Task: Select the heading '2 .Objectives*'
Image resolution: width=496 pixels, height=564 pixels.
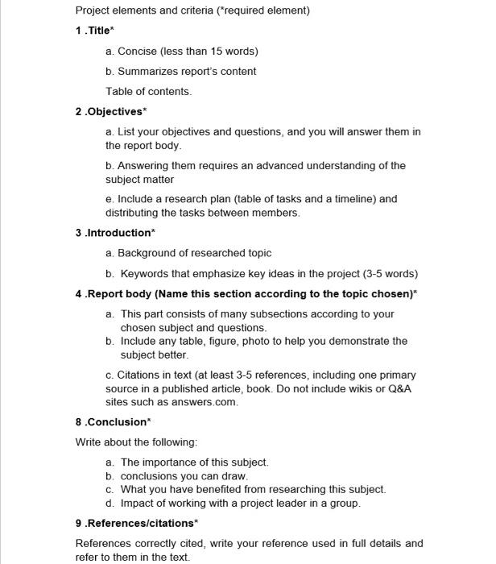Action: (x=111, y=111)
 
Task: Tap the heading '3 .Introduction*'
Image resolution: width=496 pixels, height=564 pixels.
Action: (x=114, y=233)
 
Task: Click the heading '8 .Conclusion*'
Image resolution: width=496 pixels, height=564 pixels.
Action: (x=112, y=422)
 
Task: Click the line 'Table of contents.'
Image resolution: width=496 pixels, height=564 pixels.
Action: (x=149, y=91)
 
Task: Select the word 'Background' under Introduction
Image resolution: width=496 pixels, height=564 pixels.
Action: (x=150, y=253)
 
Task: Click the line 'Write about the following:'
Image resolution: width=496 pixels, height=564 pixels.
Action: (x=136, y=442)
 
